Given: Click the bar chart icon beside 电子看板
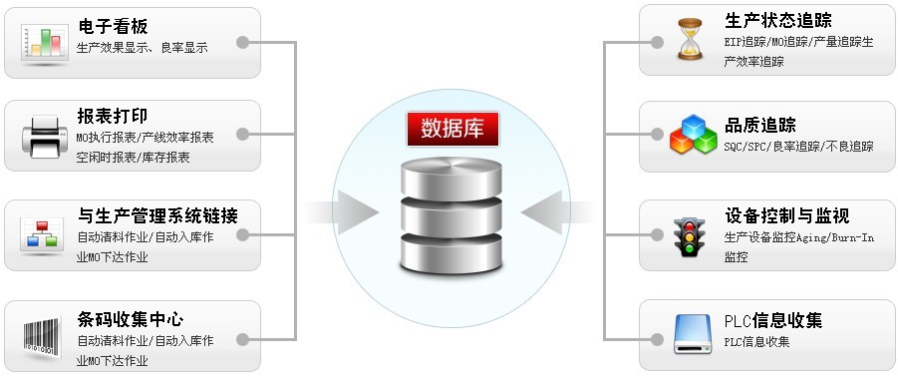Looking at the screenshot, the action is (41, 41).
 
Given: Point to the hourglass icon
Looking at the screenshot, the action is (688, 40).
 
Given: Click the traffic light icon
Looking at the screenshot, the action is (687, 236).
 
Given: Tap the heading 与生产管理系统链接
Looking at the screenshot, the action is (156, 216).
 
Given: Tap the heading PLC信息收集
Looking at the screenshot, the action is (773, 321).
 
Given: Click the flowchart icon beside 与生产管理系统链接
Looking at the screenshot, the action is (41, 236).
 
